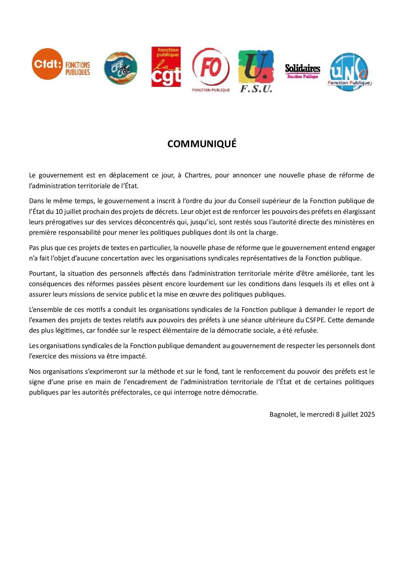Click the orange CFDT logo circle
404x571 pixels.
tap(47, 64)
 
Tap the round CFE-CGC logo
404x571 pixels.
tap(121, 68)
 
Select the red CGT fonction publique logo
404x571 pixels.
tap(166, 67)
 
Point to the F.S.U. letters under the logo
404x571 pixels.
tap(256, 89)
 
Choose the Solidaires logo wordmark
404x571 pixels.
tap(302, 69)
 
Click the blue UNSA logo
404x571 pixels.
tap(349, 72)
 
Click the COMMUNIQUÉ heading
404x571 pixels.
tap(202, 144)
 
